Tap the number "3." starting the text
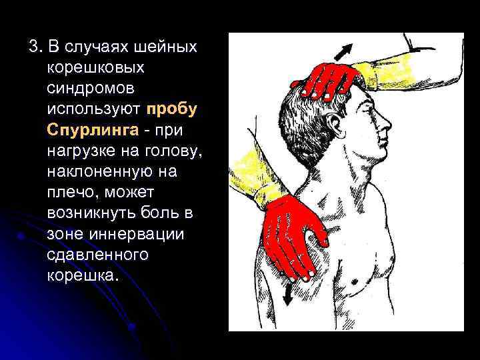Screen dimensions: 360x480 [x=35, y=47]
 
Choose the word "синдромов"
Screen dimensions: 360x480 [x=88, y=87]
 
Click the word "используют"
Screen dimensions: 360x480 [x=95, y=107]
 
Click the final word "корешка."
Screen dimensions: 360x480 [x=84, y=275]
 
